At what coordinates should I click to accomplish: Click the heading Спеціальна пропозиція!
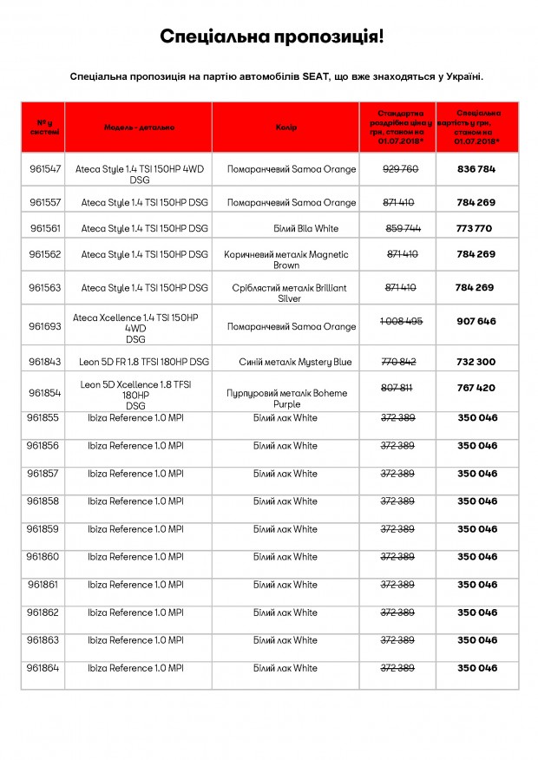point(272,36)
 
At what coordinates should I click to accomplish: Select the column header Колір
point(286,128)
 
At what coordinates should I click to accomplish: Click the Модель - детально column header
point(139,128)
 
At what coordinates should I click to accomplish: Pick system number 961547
point(45,169)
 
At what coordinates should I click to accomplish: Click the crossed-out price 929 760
point(400,169)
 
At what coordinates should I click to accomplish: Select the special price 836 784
point(476,169)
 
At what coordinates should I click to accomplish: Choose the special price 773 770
point(474,229)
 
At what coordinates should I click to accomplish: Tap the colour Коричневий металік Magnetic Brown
point(286,260)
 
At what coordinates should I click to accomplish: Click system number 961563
point(45,288)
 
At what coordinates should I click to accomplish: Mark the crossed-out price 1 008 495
point(401,321)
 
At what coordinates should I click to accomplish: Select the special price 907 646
point(476,321)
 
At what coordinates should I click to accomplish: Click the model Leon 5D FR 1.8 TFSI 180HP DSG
point(144,362)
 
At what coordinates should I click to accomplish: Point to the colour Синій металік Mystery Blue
point(296,362)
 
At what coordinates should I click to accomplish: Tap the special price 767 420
point(476,388)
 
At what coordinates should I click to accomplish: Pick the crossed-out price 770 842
point(399,362)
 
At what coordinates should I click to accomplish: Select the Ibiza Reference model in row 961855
point(135,418)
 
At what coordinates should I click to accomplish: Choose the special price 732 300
point(476,362)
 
